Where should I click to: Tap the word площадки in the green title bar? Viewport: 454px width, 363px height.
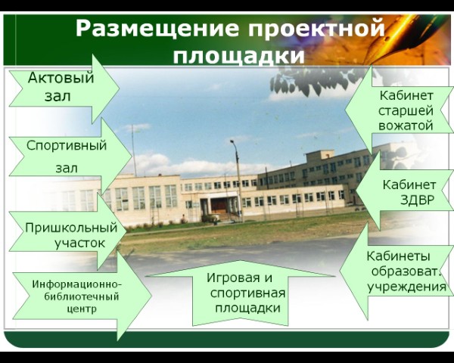pos(238,55)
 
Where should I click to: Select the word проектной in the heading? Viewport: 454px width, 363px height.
pos(317,29)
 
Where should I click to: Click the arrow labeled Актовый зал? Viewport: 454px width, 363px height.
pos(64,88)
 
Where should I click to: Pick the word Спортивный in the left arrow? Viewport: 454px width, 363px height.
pos(67,145)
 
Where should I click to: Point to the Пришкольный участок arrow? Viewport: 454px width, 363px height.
pos(68,231)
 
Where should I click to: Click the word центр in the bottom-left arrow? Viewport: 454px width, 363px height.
pos(82,309)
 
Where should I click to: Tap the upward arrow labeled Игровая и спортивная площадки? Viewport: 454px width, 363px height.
pos(241,293)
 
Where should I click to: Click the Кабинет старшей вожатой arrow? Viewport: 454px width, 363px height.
pos(400,110)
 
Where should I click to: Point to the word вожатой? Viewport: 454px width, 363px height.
pos(406,126)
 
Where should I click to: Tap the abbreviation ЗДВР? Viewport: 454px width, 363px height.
pos(418,200)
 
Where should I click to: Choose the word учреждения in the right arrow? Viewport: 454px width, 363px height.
pos(407,287)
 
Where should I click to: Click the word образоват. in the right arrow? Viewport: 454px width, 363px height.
pos(406,271)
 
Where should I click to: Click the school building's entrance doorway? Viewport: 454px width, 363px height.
pos(219,205)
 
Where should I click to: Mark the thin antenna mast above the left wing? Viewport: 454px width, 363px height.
pos(134,150)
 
